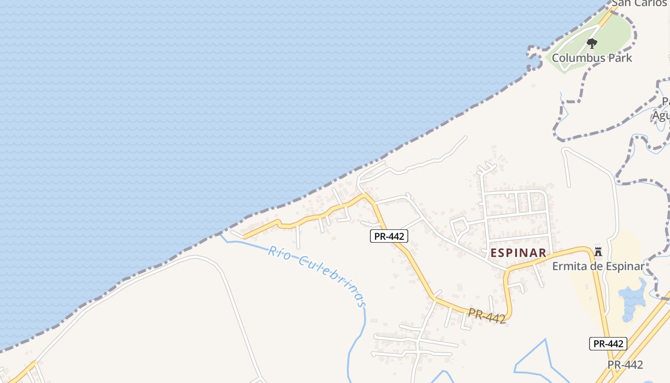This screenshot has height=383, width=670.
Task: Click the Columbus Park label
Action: pos(592,58)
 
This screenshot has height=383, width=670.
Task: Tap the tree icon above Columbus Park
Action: pos(592,44)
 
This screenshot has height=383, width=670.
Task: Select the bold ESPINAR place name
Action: pos(518,253)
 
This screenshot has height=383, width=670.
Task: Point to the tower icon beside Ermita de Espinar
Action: pos(598,251)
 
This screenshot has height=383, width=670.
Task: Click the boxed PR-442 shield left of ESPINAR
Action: pos(389,236)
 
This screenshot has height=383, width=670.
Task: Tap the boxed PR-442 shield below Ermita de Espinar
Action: pos(608,343)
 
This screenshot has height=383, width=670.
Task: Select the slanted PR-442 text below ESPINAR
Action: pos(487,316)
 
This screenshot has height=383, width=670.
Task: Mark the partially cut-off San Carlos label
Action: pos(639,3)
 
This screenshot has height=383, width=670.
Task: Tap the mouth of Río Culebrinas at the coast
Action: pos(221,236)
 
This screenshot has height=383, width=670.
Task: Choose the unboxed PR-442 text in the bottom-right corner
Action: pos(625,365)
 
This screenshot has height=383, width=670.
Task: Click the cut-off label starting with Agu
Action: pos(661,116)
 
